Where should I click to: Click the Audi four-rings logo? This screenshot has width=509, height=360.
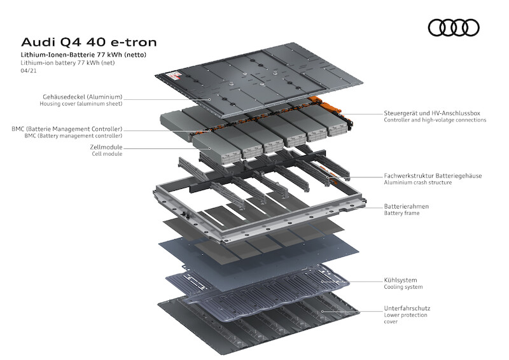click(454, 27)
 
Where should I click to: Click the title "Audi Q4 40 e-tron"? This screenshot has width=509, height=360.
click(88, 43)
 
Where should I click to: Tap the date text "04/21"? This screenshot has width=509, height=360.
click(28, 71)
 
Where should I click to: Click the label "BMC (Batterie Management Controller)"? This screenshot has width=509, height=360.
click(67, 128)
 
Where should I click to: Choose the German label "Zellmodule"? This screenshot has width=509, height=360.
click(106, 147)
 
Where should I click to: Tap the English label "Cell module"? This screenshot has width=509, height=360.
click(107, 154)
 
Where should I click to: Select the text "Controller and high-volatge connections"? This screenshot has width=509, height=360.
click(435, 120)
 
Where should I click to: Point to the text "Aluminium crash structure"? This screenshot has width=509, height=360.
click(417, 183)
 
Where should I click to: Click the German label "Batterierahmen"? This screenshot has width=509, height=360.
click(406, 206)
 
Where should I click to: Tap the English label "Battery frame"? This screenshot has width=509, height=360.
click(401, 213)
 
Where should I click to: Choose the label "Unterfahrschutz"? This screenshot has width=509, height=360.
click(407, 308)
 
